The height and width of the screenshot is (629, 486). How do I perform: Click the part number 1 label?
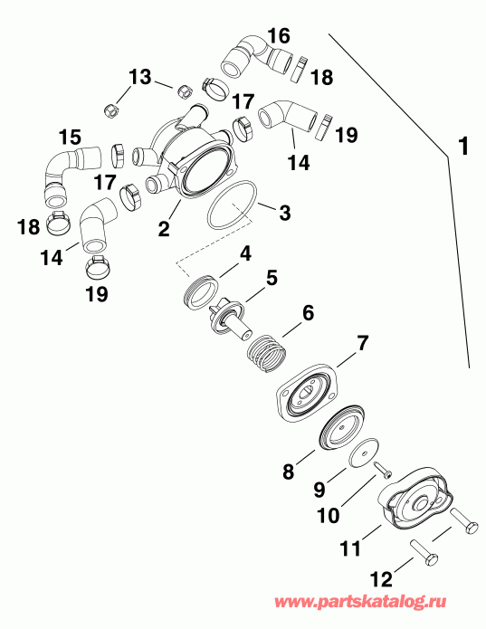tap(462, 146)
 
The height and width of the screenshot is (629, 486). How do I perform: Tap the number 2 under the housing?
tap(164, 228)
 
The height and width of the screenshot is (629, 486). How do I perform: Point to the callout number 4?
tap(244, 256)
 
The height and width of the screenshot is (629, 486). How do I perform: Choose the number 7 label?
tap(363, 343)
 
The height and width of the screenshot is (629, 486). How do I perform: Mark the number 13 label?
tap(140, 79)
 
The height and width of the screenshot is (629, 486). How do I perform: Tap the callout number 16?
tap(279, 37)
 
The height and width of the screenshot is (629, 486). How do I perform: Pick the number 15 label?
tap(70, 138)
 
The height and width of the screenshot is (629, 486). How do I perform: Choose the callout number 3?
tap(284, 214)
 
